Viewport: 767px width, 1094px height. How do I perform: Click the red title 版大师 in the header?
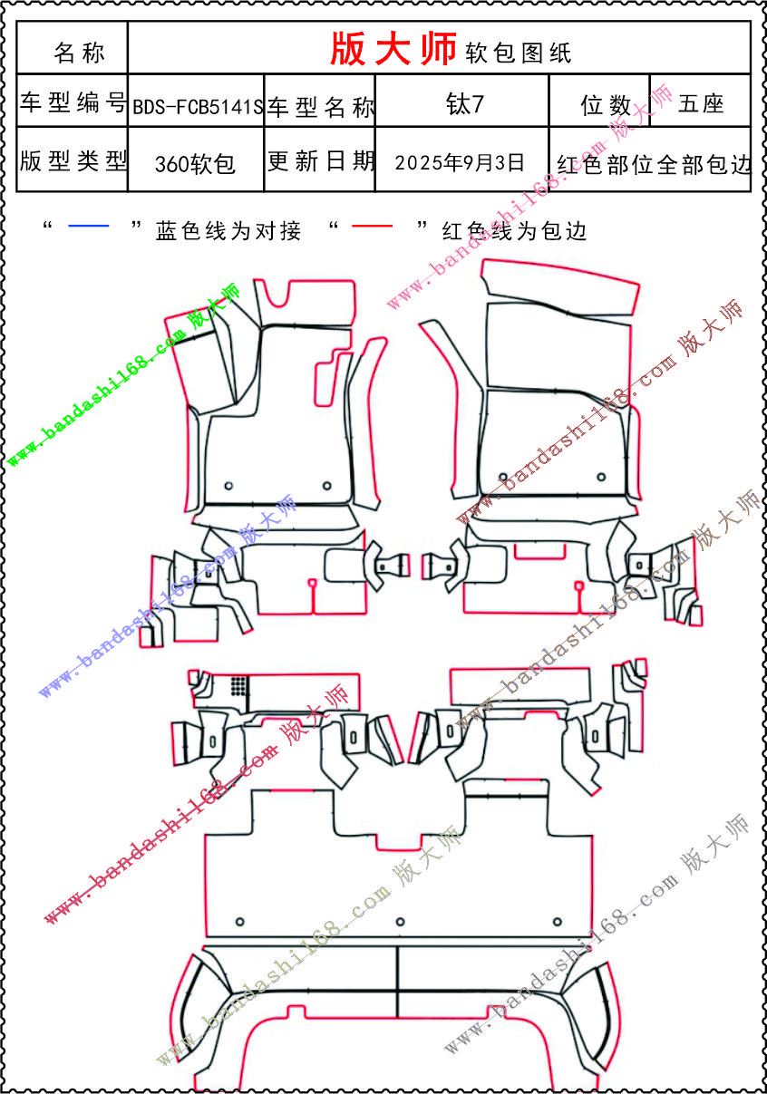click(x=393, y=50)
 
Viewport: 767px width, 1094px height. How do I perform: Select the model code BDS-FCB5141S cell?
click(x=198, y=107)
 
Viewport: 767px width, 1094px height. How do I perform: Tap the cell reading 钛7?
click(x=464, y=103)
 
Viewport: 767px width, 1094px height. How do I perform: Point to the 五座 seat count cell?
click(x=700, y=103)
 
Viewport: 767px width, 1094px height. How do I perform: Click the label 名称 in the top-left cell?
click(x=79, y=53)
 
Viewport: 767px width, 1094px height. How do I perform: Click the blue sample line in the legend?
click(x=88, y=226)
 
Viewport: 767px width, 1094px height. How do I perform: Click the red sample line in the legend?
click(x=372, y=226)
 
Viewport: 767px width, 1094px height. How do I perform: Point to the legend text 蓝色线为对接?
click(x=228, y=231)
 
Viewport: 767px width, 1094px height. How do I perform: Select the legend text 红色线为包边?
click(x=514, y=231)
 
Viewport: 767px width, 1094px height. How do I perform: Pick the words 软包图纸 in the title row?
click(x=519, y=53)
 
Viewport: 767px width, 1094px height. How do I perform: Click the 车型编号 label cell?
click(x=73, y=103)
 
